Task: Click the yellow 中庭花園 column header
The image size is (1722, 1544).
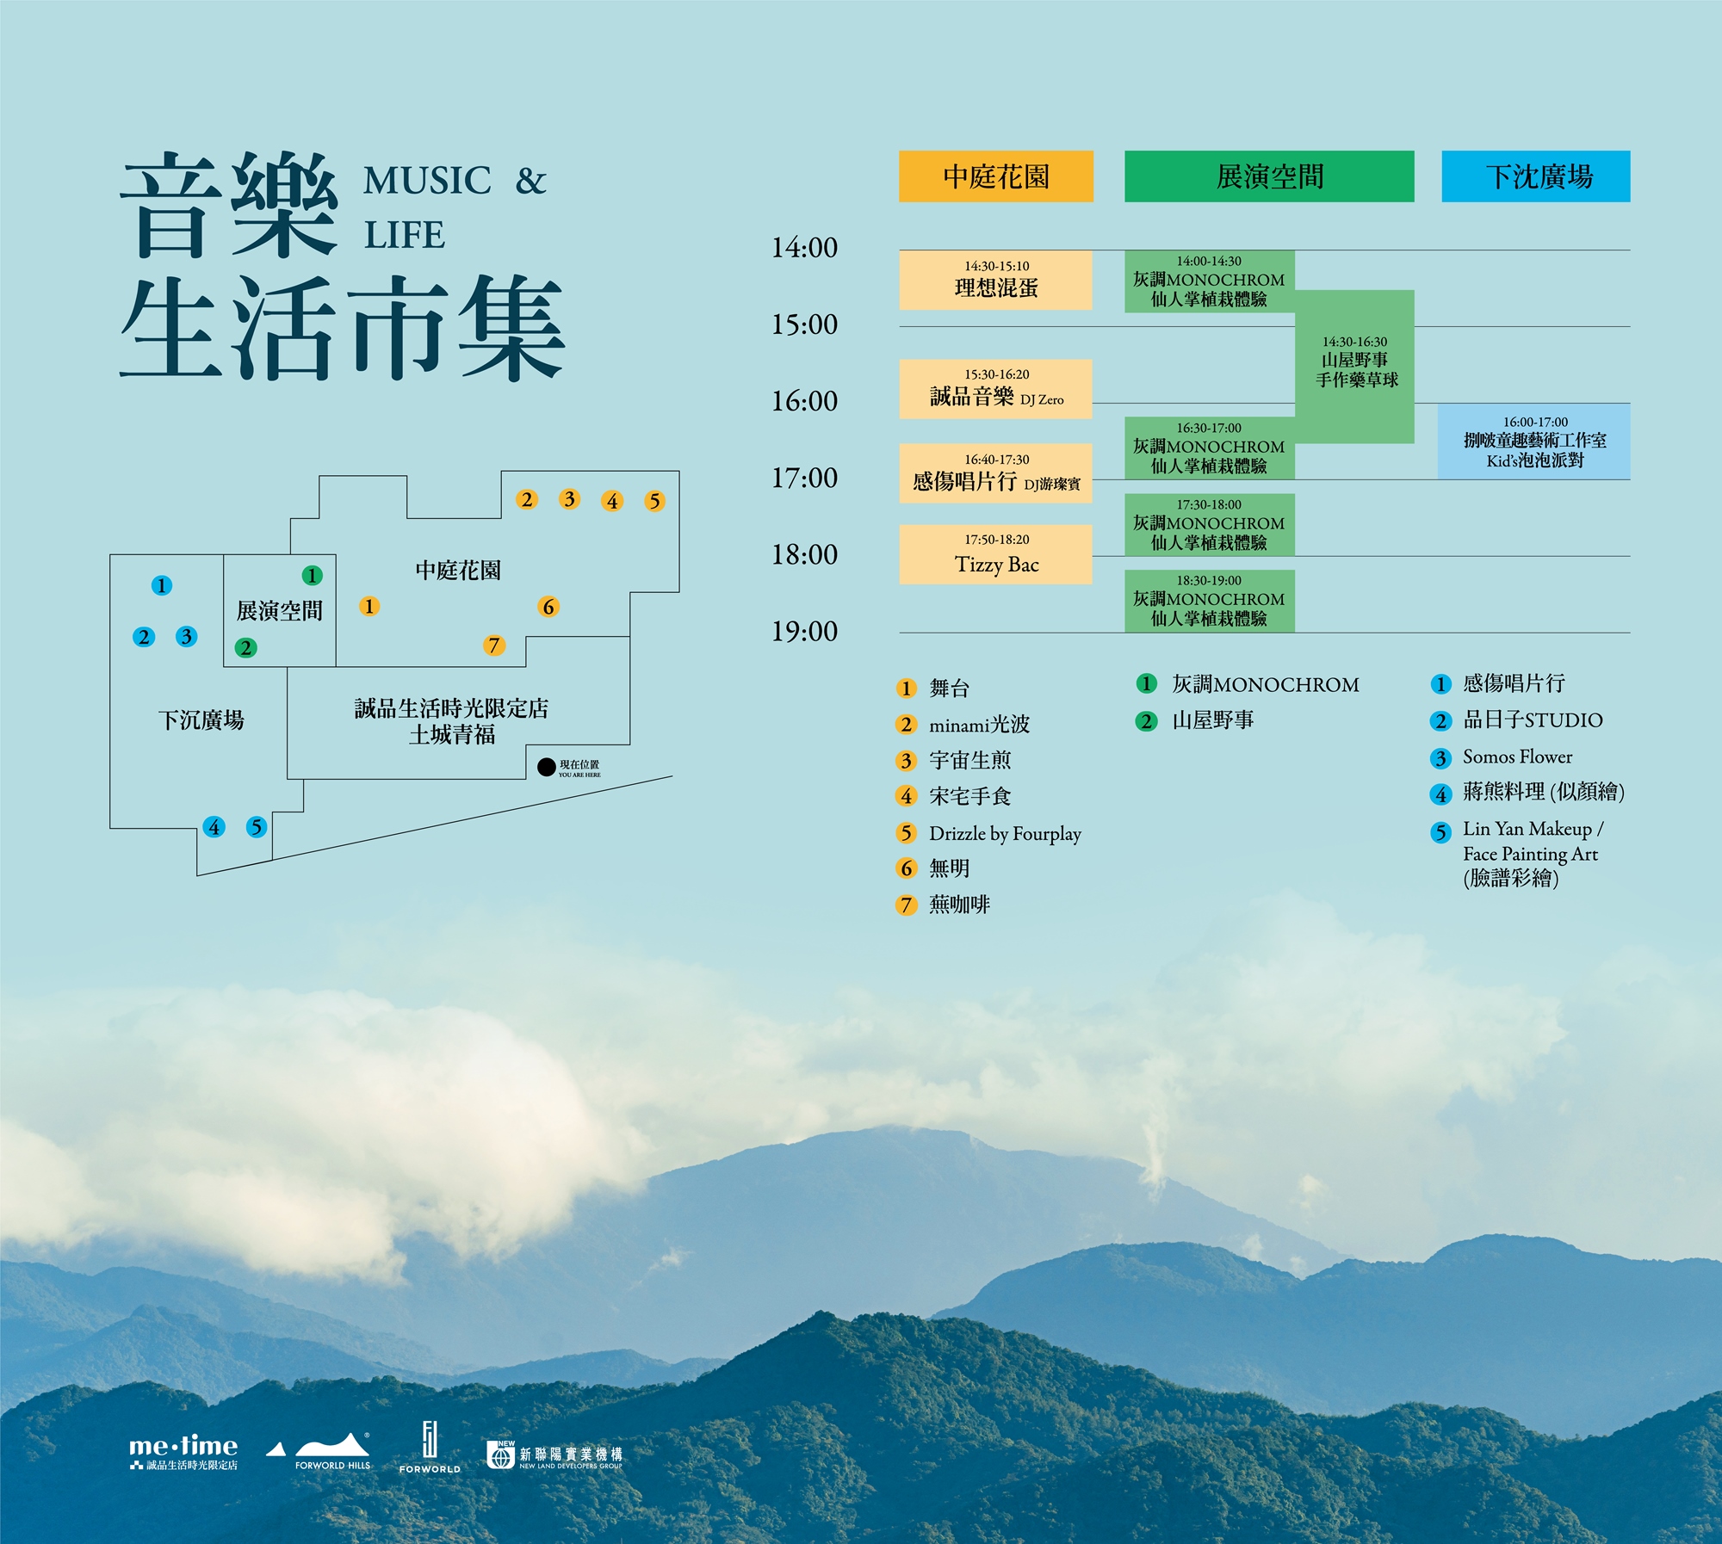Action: click(996, 176)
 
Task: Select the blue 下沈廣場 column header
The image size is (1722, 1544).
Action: click(1536, 176)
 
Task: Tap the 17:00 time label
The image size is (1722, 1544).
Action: click(804, 478)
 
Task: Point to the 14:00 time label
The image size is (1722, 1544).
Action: click(804, 248)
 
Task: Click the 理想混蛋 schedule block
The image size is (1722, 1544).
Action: click(996, 281)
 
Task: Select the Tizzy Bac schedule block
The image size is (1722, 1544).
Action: click(996, 555)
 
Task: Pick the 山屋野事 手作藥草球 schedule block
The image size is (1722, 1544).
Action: click(1355, 366)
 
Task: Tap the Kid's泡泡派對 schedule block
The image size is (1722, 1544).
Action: click(1534, 442)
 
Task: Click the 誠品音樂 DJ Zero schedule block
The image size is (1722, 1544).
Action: click(996, 389)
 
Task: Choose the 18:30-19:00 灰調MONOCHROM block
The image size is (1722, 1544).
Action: click(1209, 601)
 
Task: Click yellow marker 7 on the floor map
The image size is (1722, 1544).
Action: click(493, 645)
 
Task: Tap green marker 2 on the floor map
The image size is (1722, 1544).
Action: click(245, 647)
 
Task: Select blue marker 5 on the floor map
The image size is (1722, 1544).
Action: click(256, 827)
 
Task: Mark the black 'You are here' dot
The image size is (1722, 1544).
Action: click(546, 767)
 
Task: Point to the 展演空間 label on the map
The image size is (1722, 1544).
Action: click(279, 611)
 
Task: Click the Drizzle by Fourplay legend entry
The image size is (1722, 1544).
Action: click(1004, 833)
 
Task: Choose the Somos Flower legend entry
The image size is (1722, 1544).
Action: click(1516, 757)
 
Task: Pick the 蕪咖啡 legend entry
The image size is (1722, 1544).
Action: click(958, 905)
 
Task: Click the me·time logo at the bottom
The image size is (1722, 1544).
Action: click(183, 1451)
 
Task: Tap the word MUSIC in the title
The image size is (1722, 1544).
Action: click(427, 181)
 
